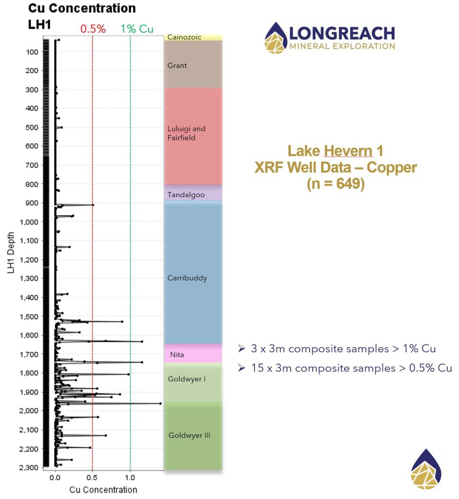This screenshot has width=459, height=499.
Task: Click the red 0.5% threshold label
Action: tap(93, 29)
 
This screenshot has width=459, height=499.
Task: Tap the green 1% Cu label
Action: tap(137, 29)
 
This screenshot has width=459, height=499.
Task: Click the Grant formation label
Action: tap(177, 65)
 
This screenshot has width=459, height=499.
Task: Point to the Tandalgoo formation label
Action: tap(186, 195)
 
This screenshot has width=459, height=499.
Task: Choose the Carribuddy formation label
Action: tap(187, 278)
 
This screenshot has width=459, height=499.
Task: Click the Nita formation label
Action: tap(177, 355)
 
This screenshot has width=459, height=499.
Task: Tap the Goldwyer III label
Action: tap(189, 435)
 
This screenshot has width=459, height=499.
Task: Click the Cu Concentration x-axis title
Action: tap(103, 489)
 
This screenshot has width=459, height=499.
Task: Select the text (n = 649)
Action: tap(335, 185)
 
